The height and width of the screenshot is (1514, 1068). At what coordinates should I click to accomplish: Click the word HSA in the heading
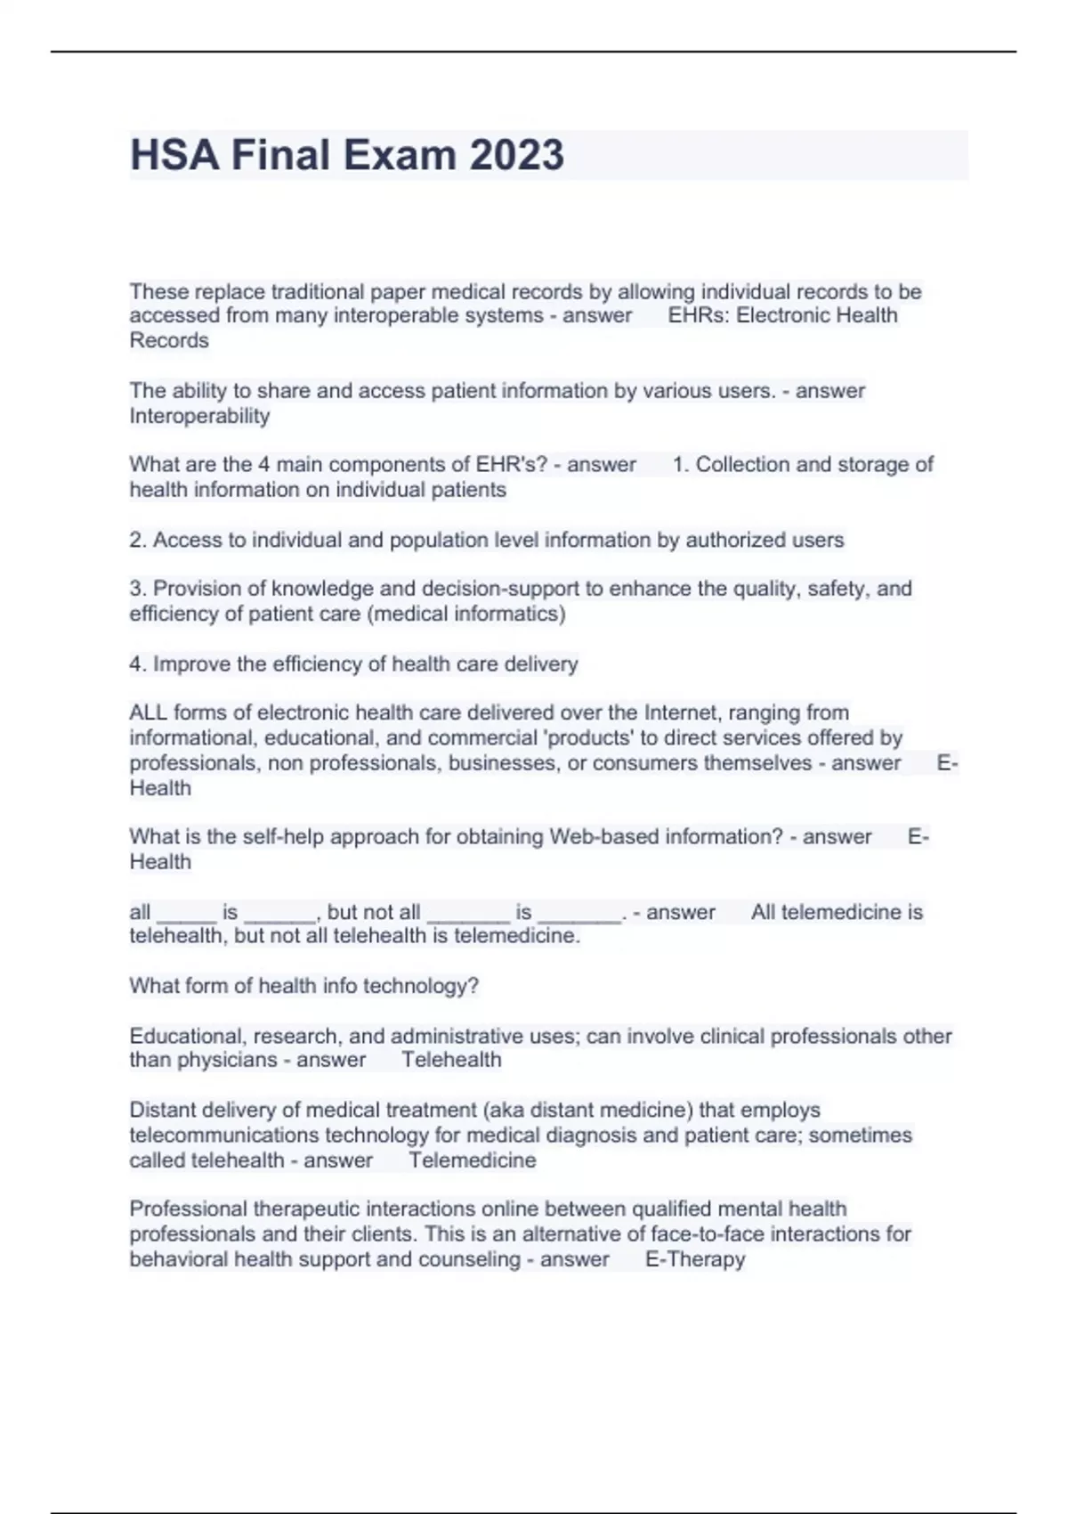(174, 155)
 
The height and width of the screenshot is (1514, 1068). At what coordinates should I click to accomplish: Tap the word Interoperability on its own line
(199, 416)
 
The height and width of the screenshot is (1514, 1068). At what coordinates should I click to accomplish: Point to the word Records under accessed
(169, 340)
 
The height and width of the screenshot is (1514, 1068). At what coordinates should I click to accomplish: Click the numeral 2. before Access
(138, 540)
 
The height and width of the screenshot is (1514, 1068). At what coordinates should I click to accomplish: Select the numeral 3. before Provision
(138, 589)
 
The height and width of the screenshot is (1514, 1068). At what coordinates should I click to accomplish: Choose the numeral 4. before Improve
(138, 664)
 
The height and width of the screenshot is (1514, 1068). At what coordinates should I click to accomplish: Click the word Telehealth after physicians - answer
(451, 1060)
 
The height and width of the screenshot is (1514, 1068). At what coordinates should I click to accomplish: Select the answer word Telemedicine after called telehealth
(473, 1160)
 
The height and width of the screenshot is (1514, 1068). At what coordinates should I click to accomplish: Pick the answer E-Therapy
(695, 1259)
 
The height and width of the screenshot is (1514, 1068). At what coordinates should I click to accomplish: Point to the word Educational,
(188, 1037)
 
